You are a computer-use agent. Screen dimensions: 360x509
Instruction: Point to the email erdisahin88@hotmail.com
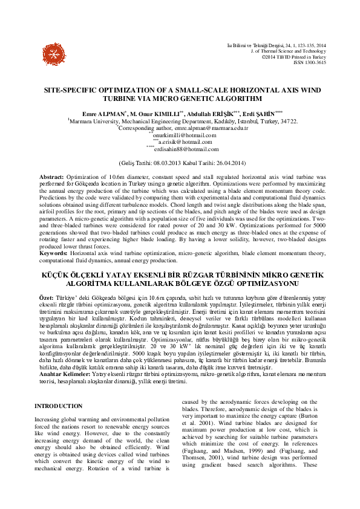tap(183, 149)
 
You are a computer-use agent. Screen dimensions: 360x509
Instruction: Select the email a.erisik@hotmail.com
tap(183, 141)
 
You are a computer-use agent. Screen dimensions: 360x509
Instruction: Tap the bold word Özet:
tap(40, 299)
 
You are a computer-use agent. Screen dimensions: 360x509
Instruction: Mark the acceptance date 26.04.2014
tap(222, 163)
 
